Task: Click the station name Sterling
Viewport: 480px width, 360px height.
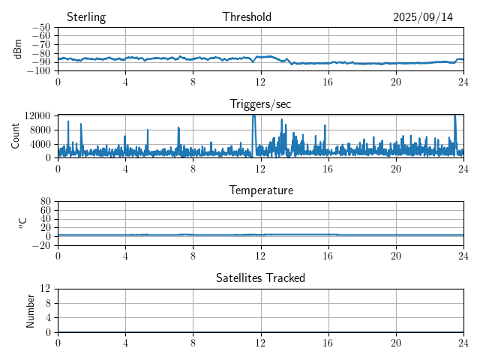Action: coord(86,17)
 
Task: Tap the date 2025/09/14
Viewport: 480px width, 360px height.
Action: coord(423,17)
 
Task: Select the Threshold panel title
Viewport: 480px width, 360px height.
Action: coord(247,17)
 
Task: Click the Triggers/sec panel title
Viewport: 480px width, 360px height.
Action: coord(260,104)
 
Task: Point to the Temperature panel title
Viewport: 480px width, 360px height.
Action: coord(261,190)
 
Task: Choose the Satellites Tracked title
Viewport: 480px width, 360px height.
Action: coord(261,277)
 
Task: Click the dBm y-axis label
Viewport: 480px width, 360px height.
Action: coord(19,49)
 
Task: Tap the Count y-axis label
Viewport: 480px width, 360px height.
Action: coord(16,136)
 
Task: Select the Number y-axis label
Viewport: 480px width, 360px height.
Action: coord(31,310)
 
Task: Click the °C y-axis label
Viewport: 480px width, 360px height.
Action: coord(23,223)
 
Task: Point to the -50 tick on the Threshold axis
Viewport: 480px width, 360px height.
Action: coord(41,28)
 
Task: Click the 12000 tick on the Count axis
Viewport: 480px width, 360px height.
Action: coord(37,116)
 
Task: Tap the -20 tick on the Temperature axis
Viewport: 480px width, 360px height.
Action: coord(41,245)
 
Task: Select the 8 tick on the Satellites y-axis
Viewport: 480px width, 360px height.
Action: coord(47,303)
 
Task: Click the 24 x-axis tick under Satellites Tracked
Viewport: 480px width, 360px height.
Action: coord(463,342)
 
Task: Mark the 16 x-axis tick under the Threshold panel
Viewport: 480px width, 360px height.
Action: coord(328,81)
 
